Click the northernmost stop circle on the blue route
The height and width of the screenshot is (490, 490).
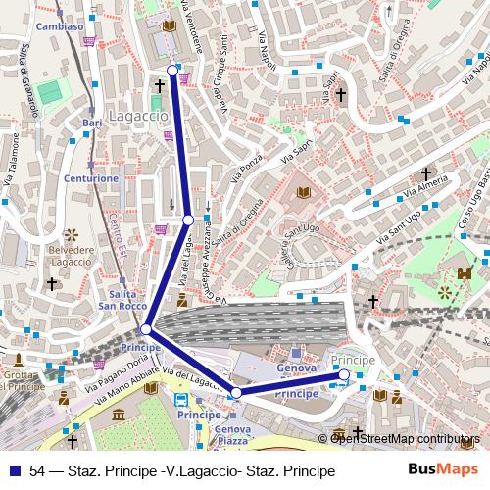tap(173, 71)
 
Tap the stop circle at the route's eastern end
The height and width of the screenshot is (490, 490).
tap(344, 374)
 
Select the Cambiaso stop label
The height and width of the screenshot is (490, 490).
tap(59, 27)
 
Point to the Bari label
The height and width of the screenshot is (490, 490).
tap(93, 122)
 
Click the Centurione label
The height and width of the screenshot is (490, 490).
tap(92, 179)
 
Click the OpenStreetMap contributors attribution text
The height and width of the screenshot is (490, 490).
tap(405, 438)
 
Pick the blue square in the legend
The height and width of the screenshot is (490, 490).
tap(14, 471)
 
